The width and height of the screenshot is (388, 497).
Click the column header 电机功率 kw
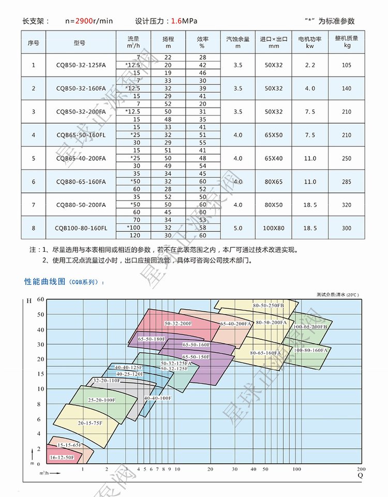[x=310, y=42]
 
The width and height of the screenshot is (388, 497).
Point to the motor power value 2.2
[x=310, y=65]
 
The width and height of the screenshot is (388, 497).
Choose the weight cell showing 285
[x=346, y=182]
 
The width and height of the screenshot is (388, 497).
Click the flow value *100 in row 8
[x=133, y=228]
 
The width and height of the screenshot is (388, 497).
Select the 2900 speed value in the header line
[x=83, y=21]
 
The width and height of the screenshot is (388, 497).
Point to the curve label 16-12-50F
[x=62, y=458]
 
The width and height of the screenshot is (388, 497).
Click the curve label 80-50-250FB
[x=268, y=306]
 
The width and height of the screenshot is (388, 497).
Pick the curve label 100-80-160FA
[x=311, y=350]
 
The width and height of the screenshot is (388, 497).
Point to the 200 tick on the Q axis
[x=361, y=469]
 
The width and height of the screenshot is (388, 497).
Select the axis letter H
[x=29, y=300]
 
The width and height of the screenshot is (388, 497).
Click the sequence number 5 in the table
[x=34, y=158]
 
